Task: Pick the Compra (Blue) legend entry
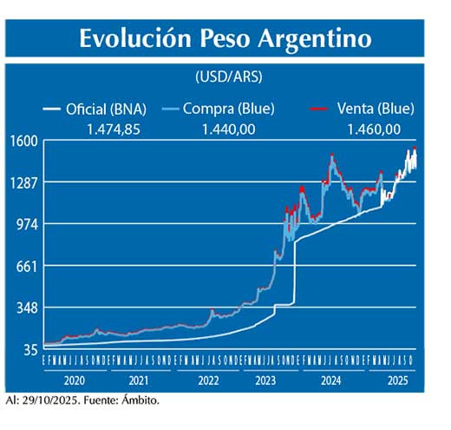tap(229, 109)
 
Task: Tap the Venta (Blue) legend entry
tap(374, 109)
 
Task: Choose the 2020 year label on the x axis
tap(76, 380)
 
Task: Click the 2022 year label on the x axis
tap(209, 380)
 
